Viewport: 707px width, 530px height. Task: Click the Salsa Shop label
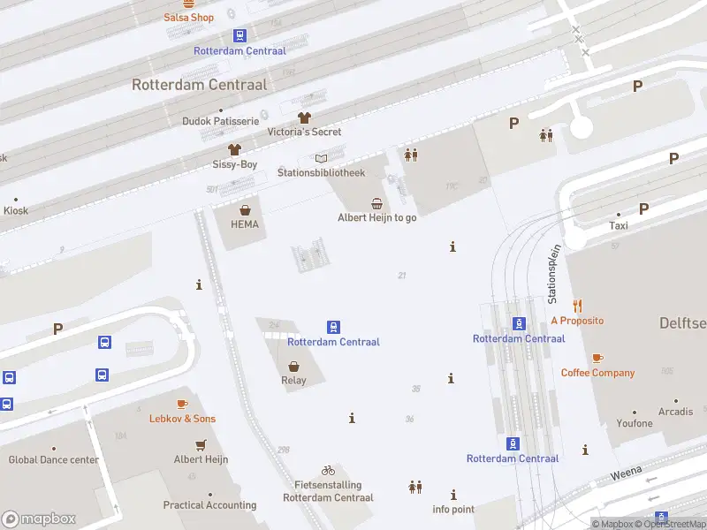click(x=188, y=18)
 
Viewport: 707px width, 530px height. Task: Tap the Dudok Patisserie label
click(x=220, y=121)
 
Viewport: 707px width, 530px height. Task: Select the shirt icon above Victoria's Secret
click(x=304, y=117)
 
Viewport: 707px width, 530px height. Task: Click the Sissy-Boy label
click(x=234, y=164)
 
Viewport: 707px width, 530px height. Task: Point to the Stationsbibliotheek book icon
click(x=321, y=158)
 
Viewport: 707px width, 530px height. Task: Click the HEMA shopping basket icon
click(x=245, y=210)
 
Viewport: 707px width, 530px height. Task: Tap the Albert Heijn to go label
click(x=376, y=217)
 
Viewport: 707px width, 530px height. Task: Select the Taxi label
click(x=619, y=225)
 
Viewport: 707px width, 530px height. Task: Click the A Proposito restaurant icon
click(x=577, y=306)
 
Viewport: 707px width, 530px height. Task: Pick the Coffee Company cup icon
click(x=597, y=358)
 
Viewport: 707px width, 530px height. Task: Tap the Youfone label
click(x=635, y=423)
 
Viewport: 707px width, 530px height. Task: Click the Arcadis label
click(x=675, y=412)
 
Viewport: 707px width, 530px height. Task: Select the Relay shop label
click(x=293, y=381)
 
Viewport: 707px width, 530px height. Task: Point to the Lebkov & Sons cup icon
click(x=182, y=404)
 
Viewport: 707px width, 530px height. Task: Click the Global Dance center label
click(x=53, y=459)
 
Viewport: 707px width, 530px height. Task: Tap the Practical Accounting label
click(x=209, y=505)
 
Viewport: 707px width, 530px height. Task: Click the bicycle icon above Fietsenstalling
click(x=328, y=470)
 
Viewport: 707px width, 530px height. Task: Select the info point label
click(x=453, y=509)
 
